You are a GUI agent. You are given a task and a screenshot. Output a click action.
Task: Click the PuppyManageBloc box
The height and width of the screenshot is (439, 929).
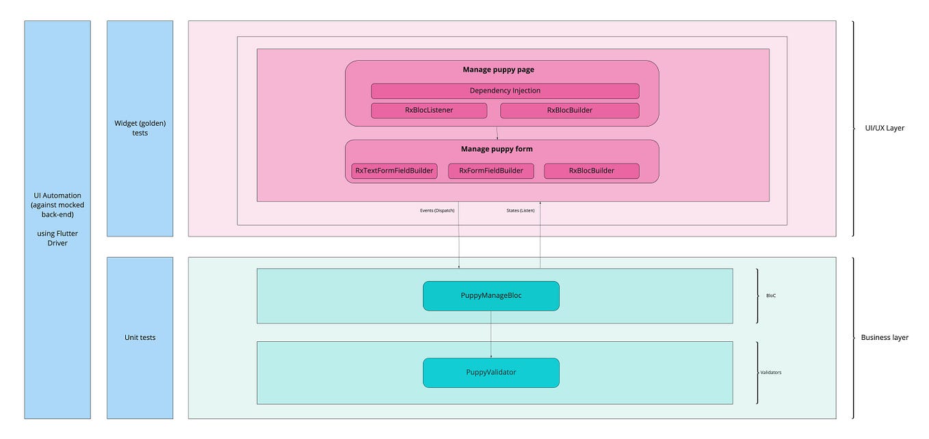(491, 295)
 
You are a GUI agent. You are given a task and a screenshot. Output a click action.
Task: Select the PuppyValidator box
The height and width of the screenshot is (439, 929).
(491, 372)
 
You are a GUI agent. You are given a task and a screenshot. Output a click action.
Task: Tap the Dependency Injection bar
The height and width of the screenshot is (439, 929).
(505, 91)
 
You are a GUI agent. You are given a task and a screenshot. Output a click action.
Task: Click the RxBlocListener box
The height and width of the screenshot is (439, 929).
(429, 110)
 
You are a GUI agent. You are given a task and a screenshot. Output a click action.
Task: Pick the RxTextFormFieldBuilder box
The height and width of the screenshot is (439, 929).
(394, 171)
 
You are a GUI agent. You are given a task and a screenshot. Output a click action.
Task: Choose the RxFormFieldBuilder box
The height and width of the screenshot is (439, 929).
(490, 171)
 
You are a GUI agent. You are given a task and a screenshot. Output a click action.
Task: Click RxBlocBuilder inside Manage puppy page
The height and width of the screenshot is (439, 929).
(569, 110)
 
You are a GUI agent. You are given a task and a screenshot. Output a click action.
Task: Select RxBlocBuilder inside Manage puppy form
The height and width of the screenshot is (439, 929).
(591, 171)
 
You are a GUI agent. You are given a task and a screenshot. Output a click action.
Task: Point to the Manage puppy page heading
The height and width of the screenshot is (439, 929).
(498, 70)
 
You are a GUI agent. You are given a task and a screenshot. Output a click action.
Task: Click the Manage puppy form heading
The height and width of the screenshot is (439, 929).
(497, 149)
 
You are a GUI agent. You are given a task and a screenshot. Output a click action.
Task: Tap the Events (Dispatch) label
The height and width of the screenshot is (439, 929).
(437, 211)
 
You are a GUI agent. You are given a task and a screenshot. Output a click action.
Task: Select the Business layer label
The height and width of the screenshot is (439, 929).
(884, 337)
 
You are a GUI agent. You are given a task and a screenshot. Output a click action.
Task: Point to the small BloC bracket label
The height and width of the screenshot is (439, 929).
(770, 296)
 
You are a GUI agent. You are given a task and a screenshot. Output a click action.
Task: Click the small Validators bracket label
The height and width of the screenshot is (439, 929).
(771, 373)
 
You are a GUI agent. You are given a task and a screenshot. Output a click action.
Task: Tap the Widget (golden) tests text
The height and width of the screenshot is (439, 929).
(140, 128)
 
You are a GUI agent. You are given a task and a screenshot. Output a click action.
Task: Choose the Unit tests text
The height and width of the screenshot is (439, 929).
(140, 337)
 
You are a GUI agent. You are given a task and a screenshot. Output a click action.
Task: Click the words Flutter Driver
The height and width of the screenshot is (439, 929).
(57, 238)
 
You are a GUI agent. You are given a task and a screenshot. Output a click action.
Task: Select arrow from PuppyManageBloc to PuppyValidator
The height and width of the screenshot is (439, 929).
(490, 334)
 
